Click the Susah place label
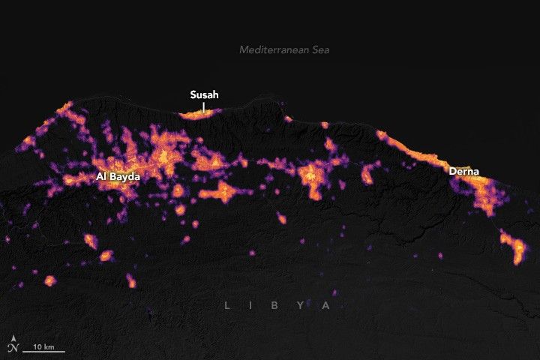pos(205,95)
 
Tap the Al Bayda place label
pos(118,176)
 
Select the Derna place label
pos(464,171)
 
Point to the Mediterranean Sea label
pos(284,49)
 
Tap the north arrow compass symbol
pos(13,346)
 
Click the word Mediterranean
pos(274,49)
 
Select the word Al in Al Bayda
pos(102,176)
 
